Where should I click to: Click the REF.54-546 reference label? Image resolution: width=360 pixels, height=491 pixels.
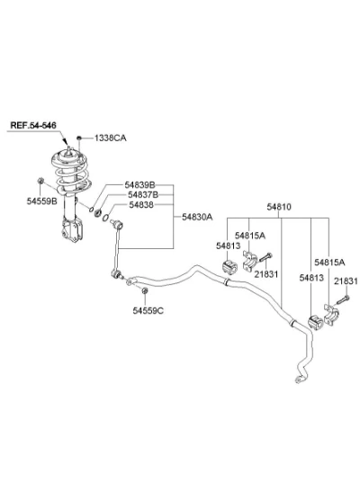tap(33, 125)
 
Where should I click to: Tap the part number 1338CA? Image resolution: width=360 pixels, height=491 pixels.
tap(111, 138)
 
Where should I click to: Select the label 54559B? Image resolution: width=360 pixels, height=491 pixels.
tap(42, 201)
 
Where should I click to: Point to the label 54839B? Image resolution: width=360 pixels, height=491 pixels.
tap(139, 184)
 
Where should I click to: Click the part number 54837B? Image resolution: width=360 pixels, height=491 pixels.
tap(143, 195)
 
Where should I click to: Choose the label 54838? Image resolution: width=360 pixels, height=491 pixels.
tap(141, 205)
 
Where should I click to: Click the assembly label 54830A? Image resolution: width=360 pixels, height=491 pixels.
tap(197, 217)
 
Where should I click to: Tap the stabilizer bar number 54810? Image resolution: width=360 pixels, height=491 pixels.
tap(279, 207)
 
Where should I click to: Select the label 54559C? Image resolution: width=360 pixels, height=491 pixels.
tap(148, 310)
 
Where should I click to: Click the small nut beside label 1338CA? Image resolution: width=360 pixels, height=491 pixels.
tap(79, 138)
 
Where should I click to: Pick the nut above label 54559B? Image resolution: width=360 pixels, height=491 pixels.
tap(40, 181)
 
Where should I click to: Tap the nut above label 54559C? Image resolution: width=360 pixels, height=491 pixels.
tap(145, 290)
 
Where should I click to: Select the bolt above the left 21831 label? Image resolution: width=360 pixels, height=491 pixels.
tap(265, 257)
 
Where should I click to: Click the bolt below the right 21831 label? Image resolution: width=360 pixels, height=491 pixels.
tap(343, 299)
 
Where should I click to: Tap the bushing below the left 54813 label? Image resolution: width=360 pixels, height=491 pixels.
tap(229, 267)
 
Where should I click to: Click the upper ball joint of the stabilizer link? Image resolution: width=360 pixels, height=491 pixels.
tap(118, 224)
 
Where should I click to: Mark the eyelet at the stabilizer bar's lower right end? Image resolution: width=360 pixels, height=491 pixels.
tap(299, 379)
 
